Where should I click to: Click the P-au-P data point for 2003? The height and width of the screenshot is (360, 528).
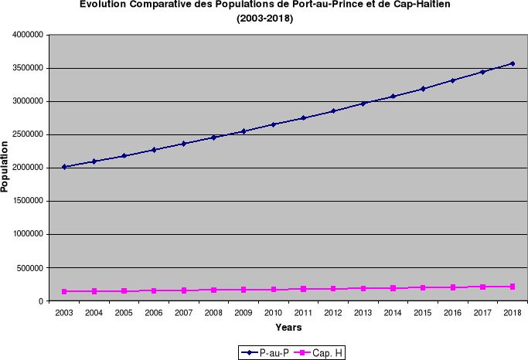coord(64,167)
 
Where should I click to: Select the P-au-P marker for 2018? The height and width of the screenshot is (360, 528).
coord(513,63)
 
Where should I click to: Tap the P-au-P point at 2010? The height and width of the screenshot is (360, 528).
coord(274,124)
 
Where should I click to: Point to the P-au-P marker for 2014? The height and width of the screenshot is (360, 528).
coord(393,97)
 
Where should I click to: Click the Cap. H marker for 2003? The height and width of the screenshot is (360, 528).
coord(64,291)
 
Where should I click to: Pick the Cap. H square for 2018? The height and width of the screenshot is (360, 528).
coord(513,287)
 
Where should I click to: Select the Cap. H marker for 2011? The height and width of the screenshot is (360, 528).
coord(303,289)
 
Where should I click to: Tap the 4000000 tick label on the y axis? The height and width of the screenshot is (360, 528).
coord(26,36)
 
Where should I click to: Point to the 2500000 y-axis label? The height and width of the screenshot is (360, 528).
coord(26,135)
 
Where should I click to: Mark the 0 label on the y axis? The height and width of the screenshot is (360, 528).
coord(40,301)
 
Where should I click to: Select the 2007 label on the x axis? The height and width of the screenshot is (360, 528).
coord(183,313)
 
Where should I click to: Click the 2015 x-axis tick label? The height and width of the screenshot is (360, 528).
coord(423,313)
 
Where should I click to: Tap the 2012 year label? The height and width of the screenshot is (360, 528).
coord(333,313)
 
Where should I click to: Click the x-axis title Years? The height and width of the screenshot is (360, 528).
coord(288,328)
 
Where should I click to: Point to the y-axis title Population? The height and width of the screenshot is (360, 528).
coord(6,165)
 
